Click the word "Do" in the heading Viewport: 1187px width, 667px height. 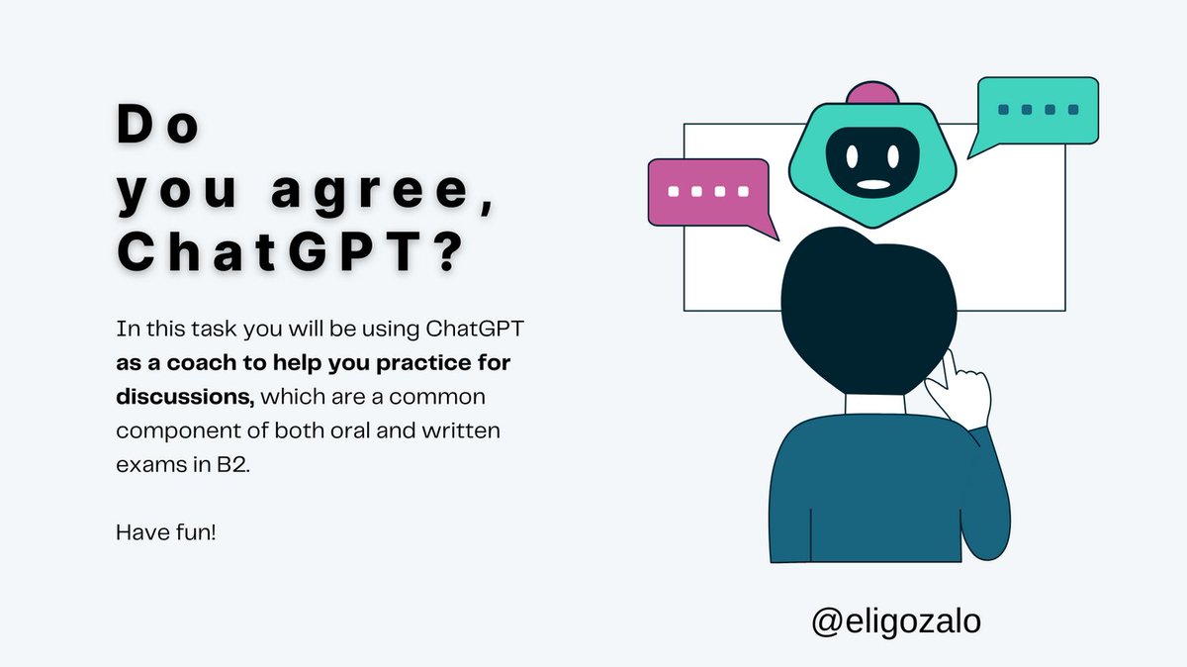[158, 126]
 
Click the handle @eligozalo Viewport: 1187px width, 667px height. [896, 620]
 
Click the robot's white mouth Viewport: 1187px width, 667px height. [871, 184]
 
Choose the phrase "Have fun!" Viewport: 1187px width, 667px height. [166, 531]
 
